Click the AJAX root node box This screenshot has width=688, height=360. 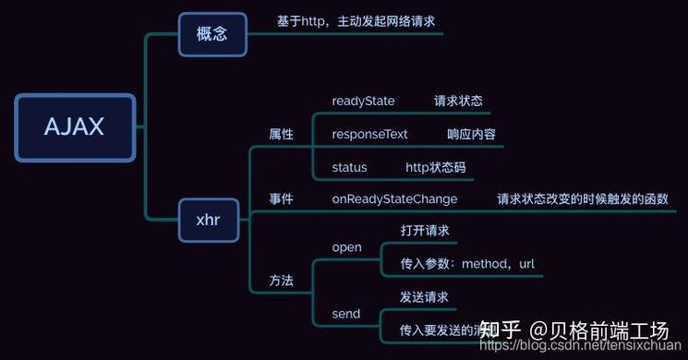pos(75,127)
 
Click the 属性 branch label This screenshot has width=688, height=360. pos(281,135)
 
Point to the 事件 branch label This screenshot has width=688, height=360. pos(281,198)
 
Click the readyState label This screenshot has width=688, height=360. pos(363,101)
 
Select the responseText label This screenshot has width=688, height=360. pos(369,134)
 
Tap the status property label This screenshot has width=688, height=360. pos(349,167)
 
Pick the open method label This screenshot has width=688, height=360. pos(346,247)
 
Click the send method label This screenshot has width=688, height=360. pos(345,314)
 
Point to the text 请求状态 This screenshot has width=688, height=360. pos(458,101)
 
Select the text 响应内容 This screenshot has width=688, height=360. pos(471,134)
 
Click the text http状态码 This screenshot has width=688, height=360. pos(436,167)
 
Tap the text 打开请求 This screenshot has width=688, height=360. pos(424,230)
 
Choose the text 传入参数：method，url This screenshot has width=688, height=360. pos(466,264)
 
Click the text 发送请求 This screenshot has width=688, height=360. pos(424,297)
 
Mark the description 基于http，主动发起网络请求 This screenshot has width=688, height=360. pos(356,20)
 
